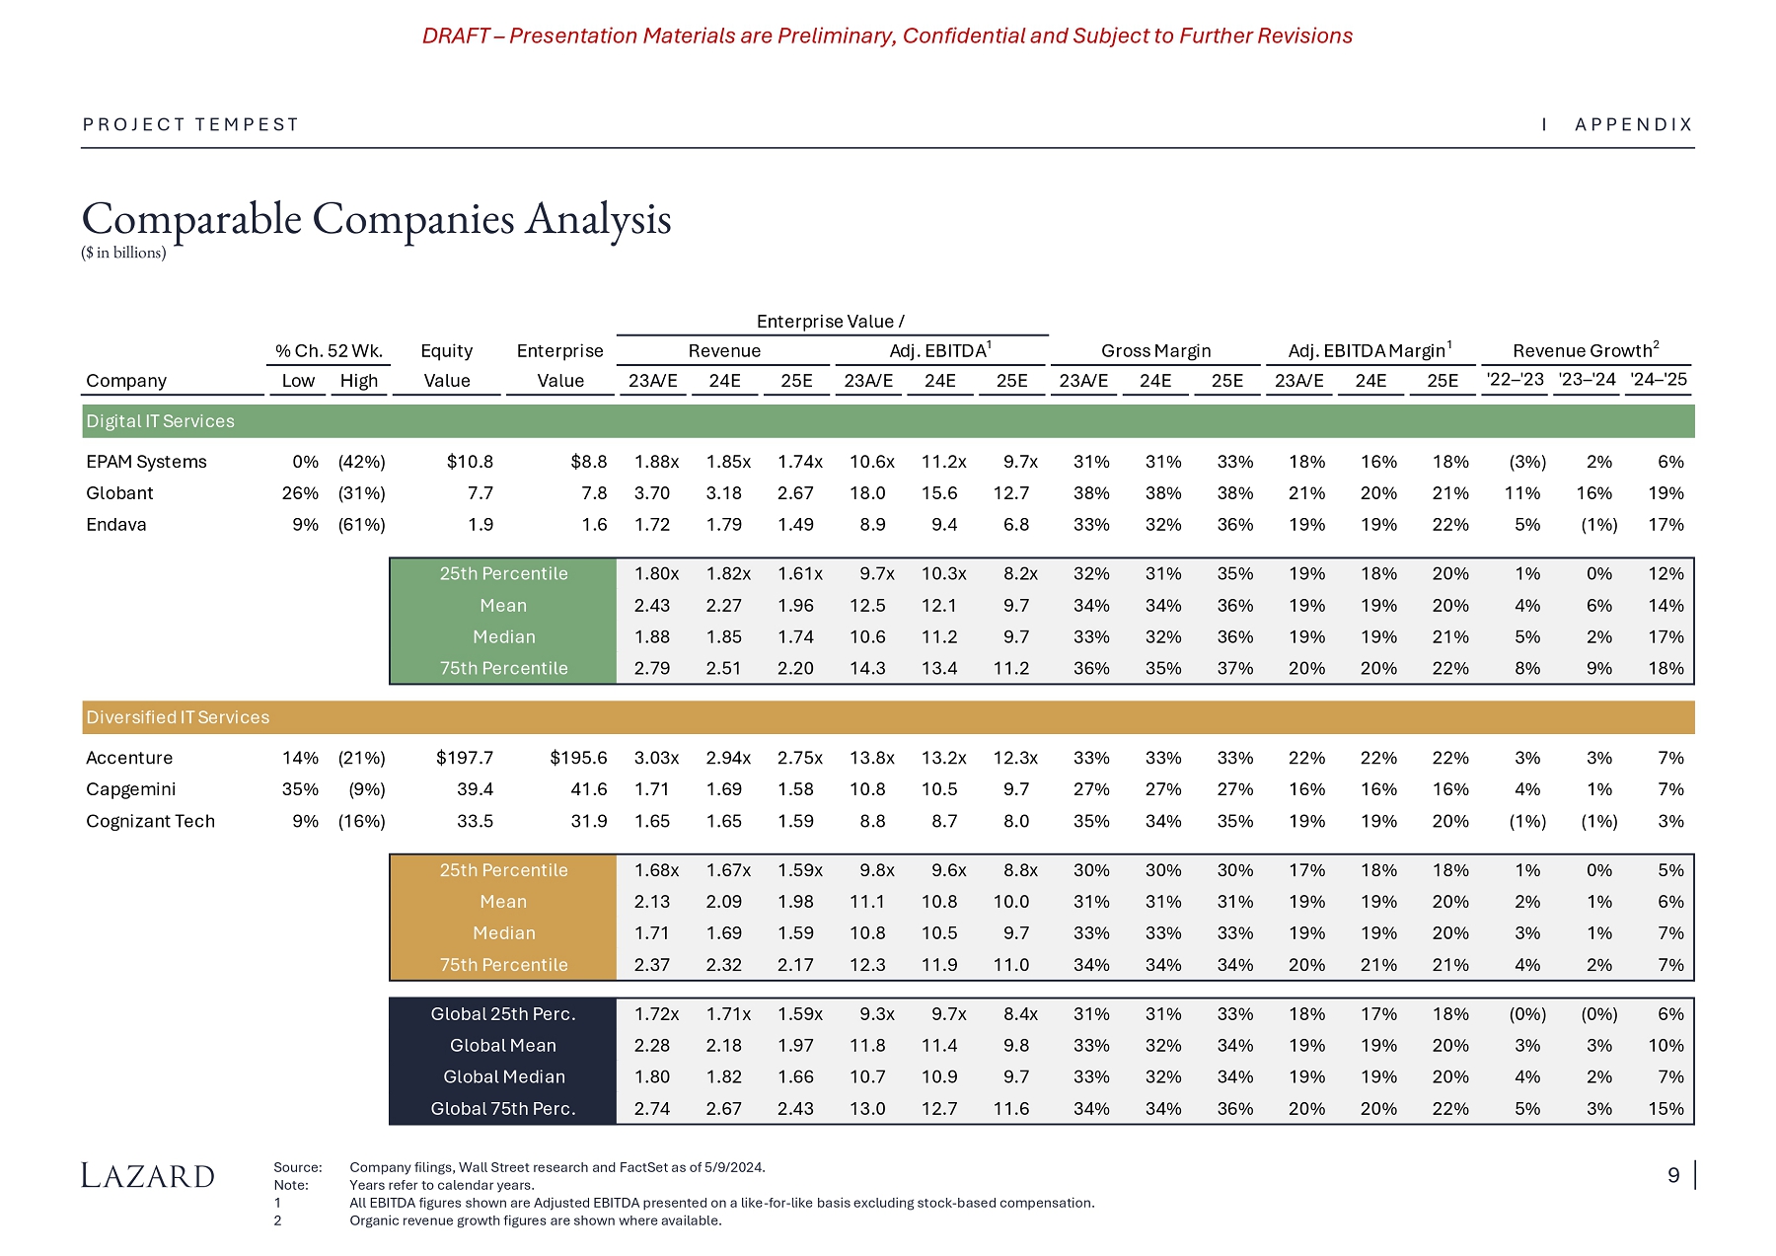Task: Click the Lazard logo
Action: (x=148, y=1175)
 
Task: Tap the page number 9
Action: (x=1673, y=1175)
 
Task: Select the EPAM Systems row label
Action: (x=146, y=462)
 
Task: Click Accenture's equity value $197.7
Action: (x=464, y=758)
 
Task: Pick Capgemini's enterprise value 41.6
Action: (x=589, y=789)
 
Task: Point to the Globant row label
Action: (x=119, y=493)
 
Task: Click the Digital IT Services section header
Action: (x=160, y=421)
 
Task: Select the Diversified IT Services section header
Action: (x=178, y=717)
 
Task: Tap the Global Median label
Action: (x=503, y=1076)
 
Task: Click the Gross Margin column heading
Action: (x=1155, y=351)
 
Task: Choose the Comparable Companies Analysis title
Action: (x=376, y=219)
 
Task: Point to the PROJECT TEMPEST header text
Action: (x=190, y=124)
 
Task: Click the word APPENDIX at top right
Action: (x=1634, y=124)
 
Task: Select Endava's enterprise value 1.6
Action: (x=594, y=525)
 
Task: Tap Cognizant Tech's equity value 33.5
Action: (x=475, y=821)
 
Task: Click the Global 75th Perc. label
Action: (x=503, y=1108)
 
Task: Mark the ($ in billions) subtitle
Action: (x=123, y=253)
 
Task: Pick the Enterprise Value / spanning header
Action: (x=830, y=322)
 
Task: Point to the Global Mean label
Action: (x=503, y=1045)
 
